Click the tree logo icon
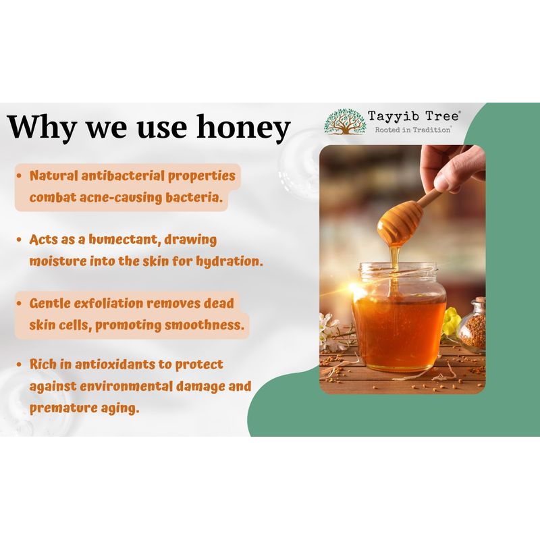(344, 122)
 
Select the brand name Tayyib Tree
(413, 116)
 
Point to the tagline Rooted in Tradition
(412, 130)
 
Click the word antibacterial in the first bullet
(123, 175)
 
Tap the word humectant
(126, 240)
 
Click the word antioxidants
(115, 364)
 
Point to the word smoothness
(204, 325)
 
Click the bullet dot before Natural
(20, 176)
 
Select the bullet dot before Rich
(20, 364)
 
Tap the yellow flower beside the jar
(451, 321)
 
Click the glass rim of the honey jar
(399, 268)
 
